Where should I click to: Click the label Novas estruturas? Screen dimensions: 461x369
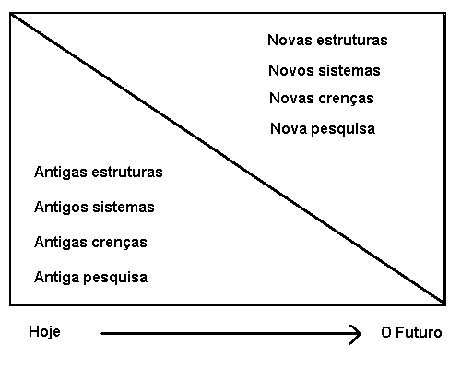(x=327, y=40)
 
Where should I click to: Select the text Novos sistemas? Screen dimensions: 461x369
(x=325, y=70)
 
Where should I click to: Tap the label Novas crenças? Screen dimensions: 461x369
(x=322, y=99)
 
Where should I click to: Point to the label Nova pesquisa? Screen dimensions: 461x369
(x=323, y=129)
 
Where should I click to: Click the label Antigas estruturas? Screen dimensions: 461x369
(x=99, y=173)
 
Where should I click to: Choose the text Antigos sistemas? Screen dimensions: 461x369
(x=94, y=208)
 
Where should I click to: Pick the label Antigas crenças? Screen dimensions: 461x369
(x=90, y=243)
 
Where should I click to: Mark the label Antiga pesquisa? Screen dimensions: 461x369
(x=91, y=278)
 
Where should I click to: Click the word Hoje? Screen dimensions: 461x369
(x=44, y=332)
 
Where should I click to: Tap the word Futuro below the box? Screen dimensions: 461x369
(x=419, y=333)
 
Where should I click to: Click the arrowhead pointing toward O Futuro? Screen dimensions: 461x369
(x=357, y=334)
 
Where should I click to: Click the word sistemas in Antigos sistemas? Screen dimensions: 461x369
(x=124, y=208)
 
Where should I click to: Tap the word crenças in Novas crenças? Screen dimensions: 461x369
(x=346, y=100)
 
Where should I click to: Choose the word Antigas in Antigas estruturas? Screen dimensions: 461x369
(x=61, y=173)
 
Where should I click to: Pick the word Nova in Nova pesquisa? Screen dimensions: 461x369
(x=289, y=128)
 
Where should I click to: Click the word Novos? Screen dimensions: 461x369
(x=291, y=70)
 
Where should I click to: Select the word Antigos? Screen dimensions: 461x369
(x=61, y=208)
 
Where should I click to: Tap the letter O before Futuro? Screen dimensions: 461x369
(x=386, y=333)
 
